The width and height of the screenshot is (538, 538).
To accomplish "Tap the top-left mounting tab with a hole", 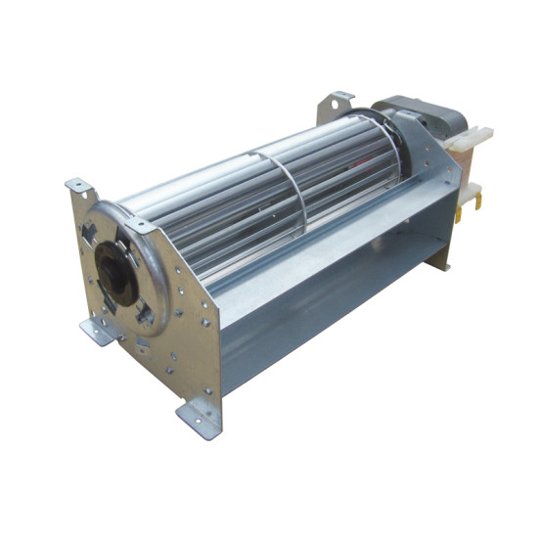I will tap(77, 185).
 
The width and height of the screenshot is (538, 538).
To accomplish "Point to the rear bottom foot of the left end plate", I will tap(99, 332).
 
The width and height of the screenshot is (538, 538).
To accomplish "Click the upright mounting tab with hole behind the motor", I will tap(337, 102).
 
